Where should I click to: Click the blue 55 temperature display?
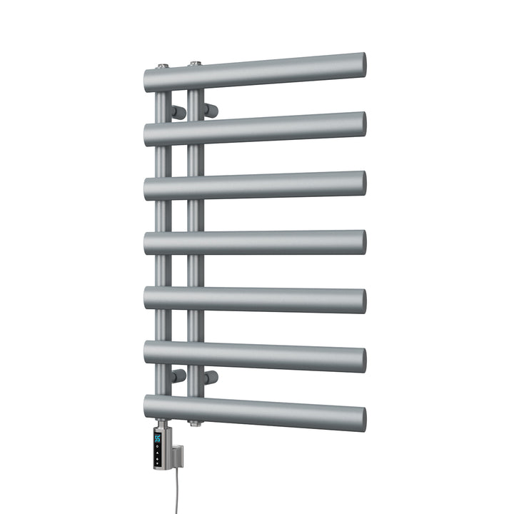(158, 439)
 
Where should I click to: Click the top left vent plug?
(163, 66)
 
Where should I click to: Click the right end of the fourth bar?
(361, 242)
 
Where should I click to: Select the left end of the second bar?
(148, 134)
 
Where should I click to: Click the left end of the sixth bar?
(148, 353)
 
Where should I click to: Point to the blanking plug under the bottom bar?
(194, 423)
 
